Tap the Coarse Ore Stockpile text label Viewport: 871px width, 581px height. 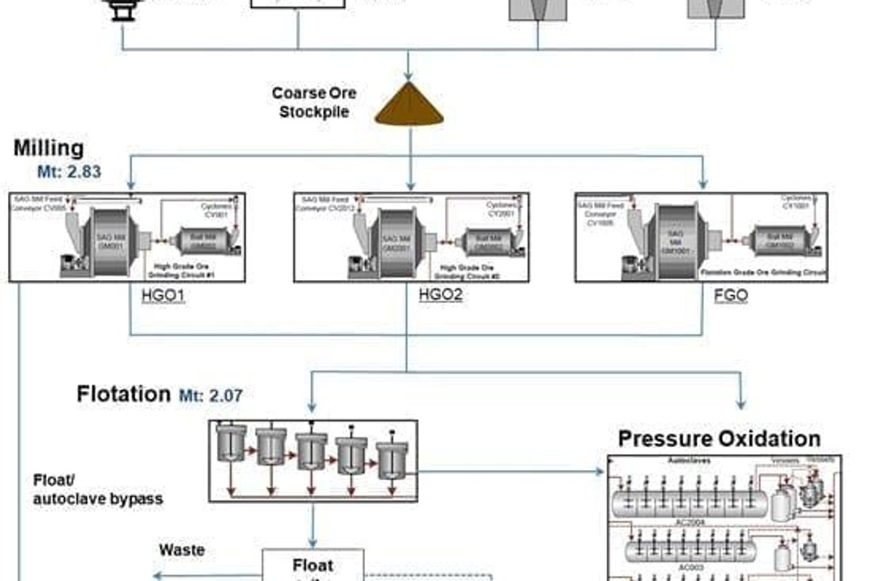(x=314, y=102)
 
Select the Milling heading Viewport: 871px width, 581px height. (x=49, y=148)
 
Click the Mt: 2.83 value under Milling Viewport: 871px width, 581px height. (x=69, y=172)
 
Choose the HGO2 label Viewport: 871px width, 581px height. (x=441, y=296)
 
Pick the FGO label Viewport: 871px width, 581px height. (x=731, y=296)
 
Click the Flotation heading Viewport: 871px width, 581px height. (x=123, y=394)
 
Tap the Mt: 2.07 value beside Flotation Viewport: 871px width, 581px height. (x=210, y=395)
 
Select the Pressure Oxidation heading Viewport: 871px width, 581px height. (x=719, y=439)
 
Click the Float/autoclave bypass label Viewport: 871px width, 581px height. (x=98, y=490)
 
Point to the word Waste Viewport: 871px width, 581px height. (x=181, y=551)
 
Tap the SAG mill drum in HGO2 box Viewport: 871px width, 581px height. (x=393, y=239)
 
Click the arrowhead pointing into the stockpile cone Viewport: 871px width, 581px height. (x=409, y=76)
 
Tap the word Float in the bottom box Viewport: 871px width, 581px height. (x=313, y=565)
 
